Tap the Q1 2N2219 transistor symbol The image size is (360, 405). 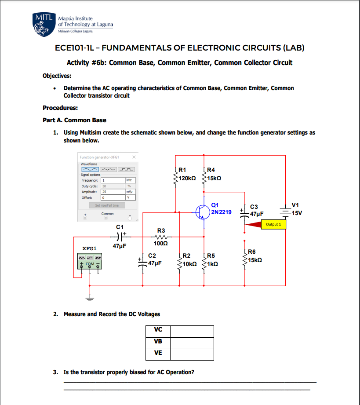(x=203, y=212)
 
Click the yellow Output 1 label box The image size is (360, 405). (x=273, y=225)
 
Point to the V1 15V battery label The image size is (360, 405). (x=297, y=209)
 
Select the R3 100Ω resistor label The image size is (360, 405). (x=161, y=237)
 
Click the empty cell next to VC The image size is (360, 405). (x=192, y=331)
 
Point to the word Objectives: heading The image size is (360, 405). (x=57, y=76)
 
